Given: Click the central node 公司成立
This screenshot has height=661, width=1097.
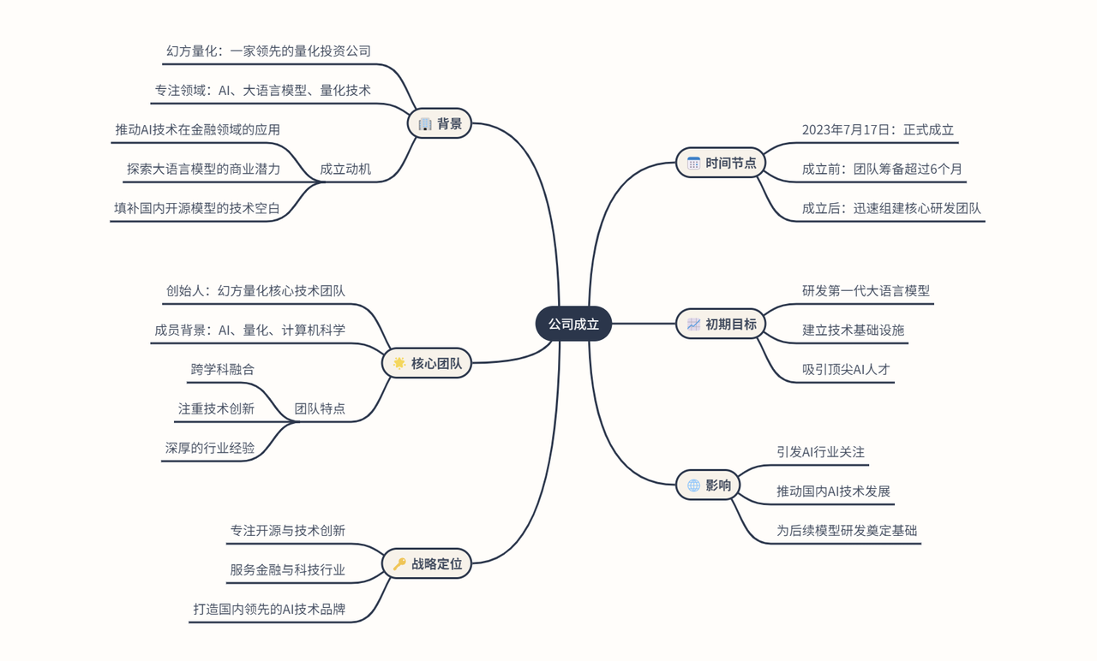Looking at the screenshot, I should [x=573, y=324].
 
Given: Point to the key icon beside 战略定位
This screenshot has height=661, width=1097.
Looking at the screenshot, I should [x=399, y=563].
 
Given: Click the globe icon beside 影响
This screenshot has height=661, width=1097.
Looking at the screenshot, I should [x=693, y=485].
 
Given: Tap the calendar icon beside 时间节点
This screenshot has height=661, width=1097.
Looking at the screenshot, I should [x=693, y=163].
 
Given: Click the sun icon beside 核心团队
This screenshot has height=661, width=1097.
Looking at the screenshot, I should [x=399, y=363].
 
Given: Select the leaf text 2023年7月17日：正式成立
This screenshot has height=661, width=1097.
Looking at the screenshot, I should [x=878, y=130].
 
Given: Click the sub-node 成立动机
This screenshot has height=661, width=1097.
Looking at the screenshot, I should [x=345, y=169].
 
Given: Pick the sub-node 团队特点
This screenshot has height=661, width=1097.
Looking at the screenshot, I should [x=320, y=408].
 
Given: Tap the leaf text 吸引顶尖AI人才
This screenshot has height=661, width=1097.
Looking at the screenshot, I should [x=846, y=369].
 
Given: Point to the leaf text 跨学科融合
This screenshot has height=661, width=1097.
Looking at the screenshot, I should [x=223, y=369].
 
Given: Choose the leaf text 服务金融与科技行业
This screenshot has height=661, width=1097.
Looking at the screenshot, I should [x=287, y=569].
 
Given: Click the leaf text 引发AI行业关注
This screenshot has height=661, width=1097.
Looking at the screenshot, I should [x=820, y=451].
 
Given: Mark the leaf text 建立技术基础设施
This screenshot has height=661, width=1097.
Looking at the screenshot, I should [x=853, y=330].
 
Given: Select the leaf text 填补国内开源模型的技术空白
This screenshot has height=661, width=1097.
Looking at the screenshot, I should [x=197, y=208].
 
